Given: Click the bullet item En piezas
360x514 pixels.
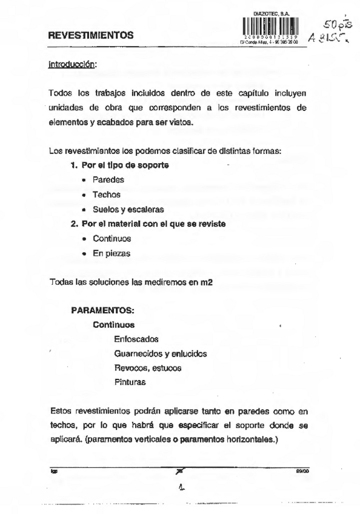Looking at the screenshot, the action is point(112,253).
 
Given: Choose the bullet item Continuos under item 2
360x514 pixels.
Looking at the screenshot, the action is point(112,239).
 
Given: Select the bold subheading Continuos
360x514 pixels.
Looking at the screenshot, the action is point(114,325).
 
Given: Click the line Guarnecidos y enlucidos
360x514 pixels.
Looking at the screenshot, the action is point(161,353).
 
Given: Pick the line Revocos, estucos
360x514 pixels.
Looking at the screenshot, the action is point(147,368).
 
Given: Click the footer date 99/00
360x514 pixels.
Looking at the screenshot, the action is point(302,469).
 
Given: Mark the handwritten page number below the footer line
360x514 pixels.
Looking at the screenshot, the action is point(181,486).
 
